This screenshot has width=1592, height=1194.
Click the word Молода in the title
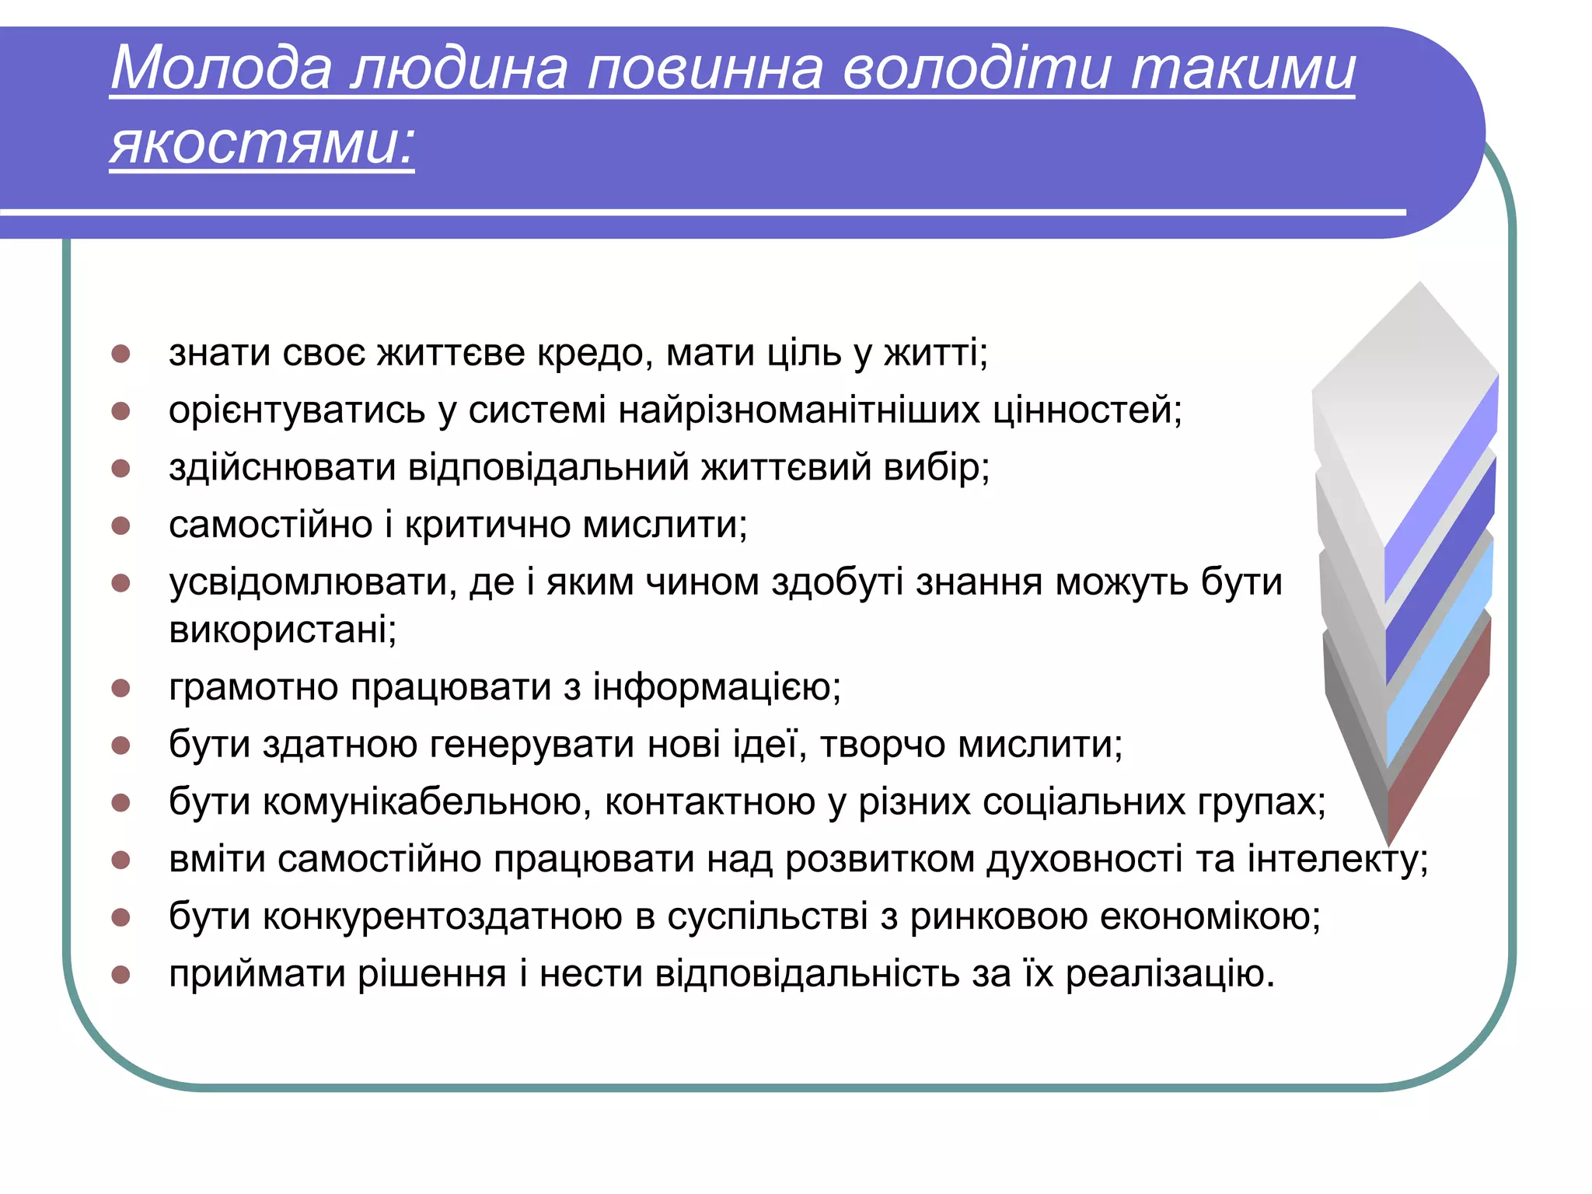(222, 68)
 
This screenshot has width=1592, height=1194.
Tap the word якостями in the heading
(261, 145)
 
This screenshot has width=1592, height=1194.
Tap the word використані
(282, 629)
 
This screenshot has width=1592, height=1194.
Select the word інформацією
(716, 687)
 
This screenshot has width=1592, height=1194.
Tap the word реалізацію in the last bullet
(1169, 975)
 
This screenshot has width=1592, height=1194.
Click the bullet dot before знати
(120, 354)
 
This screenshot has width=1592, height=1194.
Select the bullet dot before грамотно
(120, 688)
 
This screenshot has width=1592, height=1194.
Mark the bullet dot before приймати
(120, 975)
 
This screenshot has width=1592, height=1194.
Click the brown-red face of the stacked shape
(1438, 731)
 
